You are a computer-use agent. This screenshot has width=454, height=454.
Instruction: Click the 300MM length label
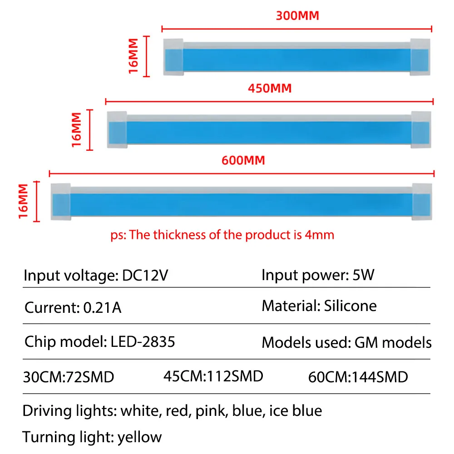point(297,15)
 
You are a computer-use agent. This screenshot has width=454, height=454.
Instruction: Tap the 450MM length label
point(270,88)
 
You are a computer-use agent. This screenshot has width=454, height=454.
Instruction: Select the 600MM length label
point(243,160)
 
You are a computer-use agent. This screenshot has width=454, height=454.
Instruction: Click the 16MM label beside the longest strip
point(24,201)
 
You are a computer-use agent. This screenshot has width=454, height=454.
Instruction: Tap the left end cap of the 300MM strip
point(173,57)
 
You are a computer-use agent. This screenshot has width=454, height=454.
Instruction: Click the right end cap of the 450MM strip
point(421,129)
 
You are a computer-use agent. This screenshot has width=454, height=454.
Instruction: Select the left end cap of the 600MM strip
point(60,201)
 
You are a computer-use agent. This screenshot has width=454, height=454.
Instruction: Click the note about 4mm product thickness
point(222,235)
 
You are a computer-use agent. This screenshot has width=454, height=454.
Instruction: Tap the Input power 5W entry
point(317,275)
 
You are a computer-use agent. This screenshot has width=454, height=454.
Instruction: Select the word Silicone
point(350,306)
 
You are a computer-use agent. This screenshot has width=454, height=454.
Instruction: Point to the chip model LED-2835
point(143,341)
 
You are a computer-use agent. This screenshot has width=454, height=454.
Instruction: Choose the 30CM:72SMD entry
point(68,377)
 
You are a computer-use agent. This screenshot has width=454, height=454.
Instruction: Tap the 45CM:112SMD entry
point(213,376)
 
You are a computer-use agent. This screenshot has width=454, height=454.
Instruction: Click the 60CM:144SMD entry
point(358,377)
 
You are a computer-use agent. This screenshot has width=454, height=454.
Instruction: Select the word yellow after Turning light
point(139,437)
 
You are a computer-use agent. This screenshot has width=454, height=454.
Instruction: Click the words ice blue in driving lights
point(296,411)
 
